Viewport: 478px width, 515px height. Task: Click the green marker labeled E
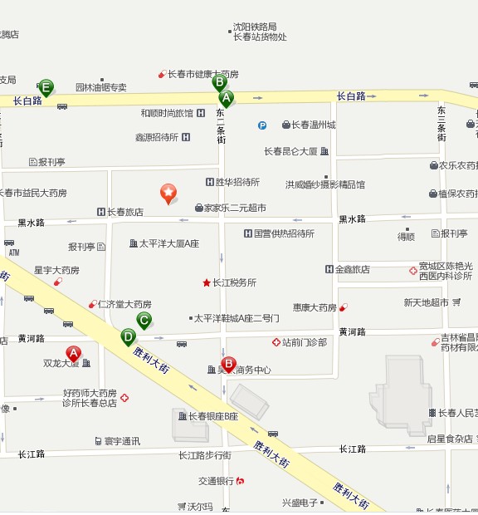click(x=46, y=86)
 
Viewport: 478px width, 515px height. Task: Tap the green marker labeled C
click(x=144, y=320)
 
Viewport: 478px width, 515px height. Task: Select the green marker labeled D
click(x=128, y=336)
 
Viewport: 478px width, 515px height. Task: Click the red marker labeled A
click(x=73, y=354)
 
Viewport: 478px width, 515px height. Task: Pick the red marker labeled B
click(x=229, y=364)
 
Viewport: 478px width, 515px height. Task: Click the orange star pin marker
click(x=168, y=193)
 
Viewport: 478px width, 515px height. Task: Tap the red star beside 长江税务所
click(x=207, y=282)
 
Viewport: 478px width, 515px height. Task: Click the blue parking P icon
click(x=262, y=125)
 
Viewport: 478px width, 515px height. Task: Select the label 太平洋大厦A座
click(x=169, y=243)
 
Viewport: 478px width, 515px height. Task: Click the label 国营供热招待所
click(x=284, y=233)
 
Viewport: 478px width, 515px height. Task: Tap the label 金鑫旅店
click(x=353, y=269)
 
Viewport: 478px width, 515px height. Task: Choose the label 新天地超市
click(x=426, y=302)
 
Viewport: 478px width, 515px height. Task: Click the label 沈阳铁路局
click(x=255, y=27)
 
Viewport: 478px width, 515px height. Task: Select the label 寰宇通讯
click(x=122, y=440)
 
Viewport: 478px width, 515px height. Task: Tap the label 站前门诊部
click(x=305, y=342)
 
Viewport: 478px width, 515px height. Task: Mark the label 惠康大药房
click(x=315, y=307)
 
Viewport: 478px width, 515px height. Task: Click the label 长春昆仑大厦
click(x=291, y=151)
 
